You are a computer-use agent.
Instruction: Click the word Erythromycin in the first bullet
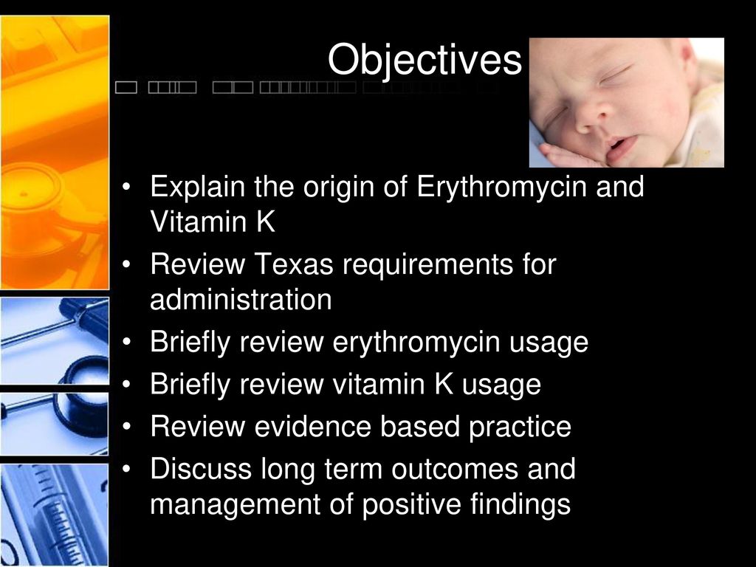[501, 188]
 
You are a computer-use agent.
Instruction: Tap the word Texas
[294, 264]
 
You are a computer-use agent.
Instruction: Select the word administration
[241, 300]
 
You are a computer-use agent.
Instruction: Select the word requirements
[428, 266]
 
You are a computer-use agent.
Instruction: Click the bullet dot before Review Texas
[126, 265]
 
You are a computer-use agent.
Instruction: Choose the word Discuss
[201, 469]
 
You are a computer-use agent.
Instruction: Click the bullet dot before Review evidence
[126, 427]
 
